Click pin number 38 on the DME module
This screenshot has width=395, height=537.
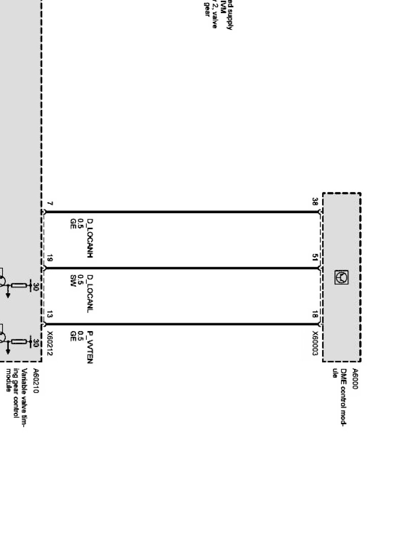tap(315, 202)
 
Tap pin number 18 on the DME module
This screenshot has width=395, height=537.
tap(315, 314)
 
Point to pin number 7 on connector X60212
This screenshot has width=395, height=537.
tap(50, 204)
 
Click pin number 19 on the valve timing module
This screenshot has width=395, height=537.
tap(50, 258)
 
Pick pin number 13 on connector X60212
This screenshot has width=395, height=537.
tap(50, 314)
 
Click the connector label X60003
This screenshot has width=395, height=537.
tap(315, 344)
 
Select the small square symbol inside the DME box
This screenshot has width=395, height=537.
tap(341, 277)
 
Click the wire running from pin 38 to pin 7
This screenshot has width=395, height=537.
tap(183, 212)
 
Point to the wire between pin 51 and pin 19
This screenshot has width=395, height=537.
tap(183, 268)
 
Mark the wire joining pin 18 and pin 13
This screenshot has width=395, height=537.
tap(183, 324)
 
